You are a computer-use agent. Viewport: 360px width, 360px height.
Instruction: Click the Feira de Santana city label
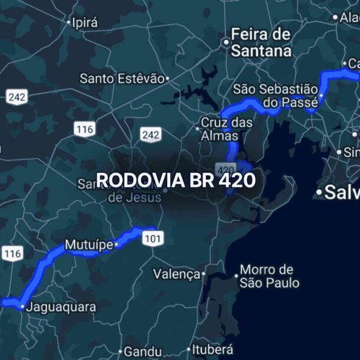tap(261, 42)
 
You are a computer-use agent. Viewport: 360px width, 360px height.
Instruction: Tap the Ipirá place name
tap(84, 23)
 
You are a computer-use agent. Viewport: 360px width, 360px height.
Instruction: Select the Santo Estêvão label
tap(122, 78)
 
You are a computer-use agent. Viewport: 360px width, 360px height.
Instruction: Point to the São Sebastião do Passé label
tap(275, 96)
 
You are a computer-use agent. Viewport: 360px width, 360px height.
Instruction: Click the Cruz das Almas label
tap(227, 129)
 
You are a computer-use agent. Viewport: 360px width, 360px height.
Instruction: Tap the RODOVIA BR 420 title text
tap(175, 179)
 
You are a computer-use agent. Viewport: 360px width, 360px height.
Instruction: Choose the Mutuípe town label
tap(88, 245)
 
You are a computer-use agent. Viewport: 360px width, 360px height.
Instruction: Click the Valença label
tap(176, 274)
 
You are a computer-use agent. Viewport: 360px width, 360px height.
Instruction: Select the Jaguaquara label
tap(61, 307)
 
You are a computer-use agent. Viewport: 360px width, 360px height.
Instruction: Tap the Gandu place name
tap(142, 351)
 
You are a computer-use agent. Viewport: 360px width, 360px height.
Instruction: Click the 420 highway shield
tap(225, 168)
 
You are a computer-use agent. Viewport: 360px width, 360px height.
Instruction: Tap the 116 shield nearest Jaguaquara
tap(12, 254)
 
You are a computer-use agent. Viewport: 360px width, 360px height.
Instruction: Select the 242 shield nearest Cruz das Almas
tap(150, 135)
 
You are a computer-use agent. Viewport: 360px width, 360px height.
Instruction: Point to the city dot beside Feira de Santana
tap(225, 42)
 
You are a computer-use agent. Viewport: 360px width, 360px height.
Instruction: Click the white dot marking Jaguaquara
tap(22, 307)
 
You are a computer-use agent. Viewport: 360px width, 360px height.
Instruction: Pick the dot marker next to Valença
tap(204, 274)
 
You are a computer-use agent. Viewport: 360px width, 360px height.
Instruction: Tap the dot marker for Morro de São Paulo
tap(237, 276)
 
